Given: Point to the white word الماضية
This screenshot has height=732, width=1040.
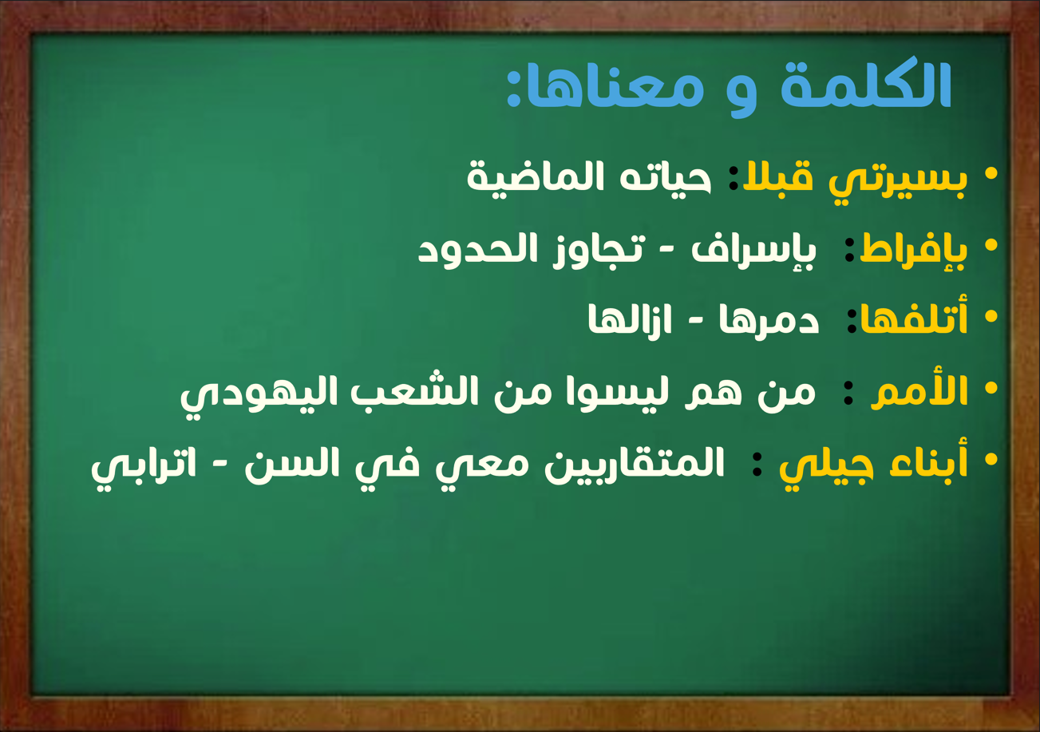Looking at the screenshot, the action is click(535, 177).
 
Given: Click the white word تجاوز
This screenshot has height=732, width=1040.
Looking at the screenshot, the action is click(599, 251).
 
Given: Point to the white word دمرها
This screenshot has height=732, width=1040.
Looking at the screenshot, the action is click(769, 319).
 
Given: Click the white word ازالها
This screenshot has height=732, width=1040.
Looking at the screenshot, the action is click(630, 319).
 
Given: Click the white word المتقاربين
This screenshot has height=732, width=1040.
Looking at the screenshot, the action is click(635, 464).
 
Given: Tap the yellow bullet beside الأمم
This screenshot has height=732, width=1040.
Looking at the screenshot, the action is click(991, 387).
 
